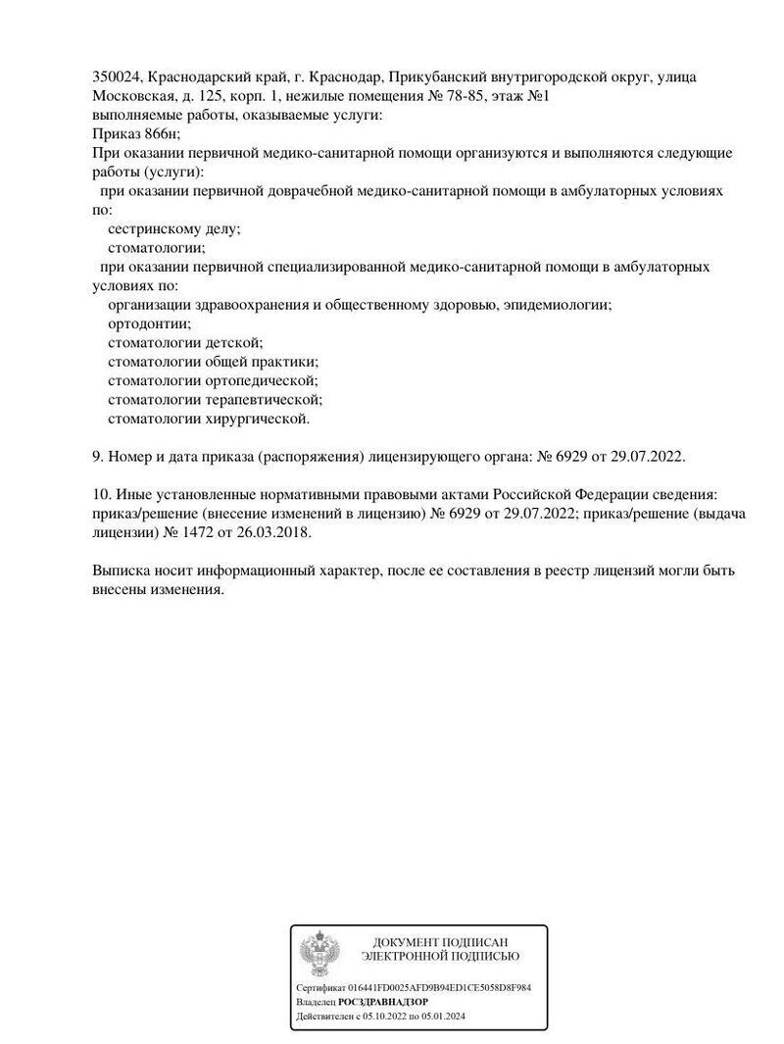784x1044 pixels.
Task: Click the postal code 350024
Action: [x=116, y=77]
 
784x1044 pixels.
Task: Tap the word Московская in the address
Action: [x=125, y=96]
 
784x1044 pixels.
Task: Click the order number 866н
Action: [x=161, y=134]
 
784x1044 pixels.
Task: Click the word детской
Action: [x=233, y=342]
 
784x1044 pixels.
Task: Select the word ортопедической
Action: [x=262, y=380]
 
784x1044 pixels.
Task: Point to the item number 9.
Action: [x=96, y=456]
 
